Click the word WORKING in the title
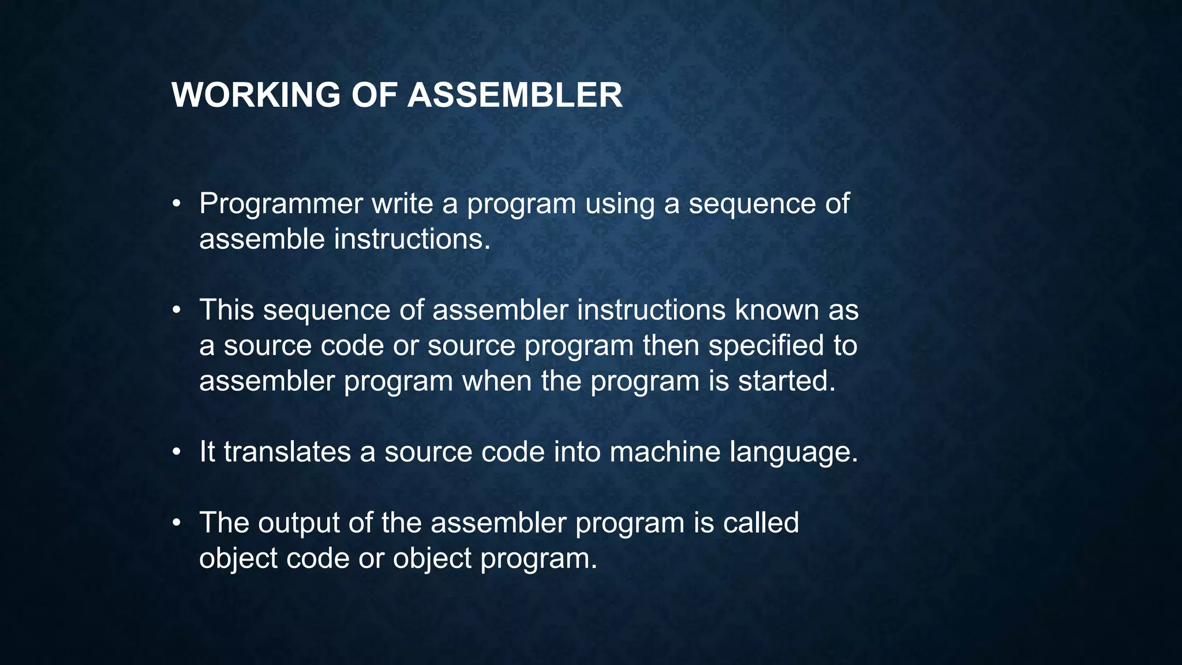coord(256,95)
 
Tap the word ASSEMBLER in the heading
coord(515,95)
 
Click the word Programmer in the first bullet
coord(281,204)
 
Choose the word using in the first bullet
coord(619,204)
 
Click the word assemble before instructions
coord(262,239)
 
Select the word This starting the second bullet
coord(226,310)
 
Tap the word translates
coord(287,451)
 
